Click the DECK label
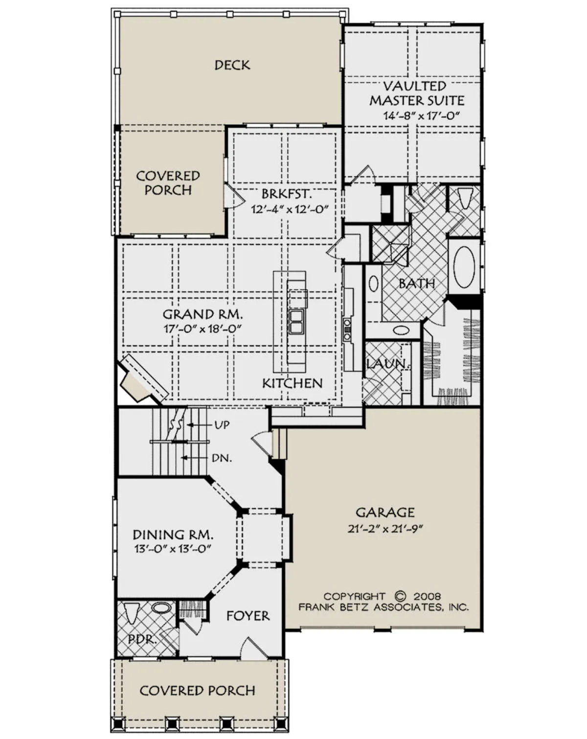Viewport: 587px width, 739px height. click(x=232, y=65)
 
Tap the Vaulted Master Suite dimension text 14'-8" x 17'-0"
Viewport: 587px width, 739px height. click(x=421, y=116)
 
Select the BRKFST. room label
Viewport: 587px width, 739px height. click(x=287, y=194)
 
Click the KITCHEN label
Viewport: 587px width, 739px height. click(x=293, y=383)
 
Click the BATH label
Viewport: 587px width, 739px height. click(x=417, y=283)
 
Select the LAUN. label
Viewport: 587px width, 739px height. click(x=388, y=364)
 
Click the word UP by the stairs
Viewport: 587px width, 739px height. click(x=222, y=425)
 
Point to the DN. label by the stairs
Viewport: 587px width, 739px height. click(x=222, y=458)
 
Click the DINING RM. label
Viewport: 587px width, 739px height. click(x=173, y=535)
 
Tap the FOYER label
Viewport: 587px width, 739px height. click(x=248, y=616)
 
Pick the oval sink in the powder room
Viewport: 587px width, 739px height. click(x=161, y=608)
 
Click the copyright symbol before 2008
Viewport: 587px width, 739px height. click(x=400, y=596)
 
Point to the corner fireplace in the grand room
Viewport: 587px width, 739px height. click(x=141, y=378)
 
